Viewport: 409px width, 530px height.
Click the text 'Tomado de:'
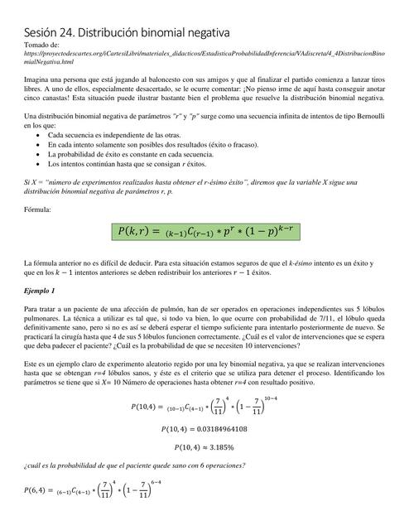pyautogui.click(x=42, y=44)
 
